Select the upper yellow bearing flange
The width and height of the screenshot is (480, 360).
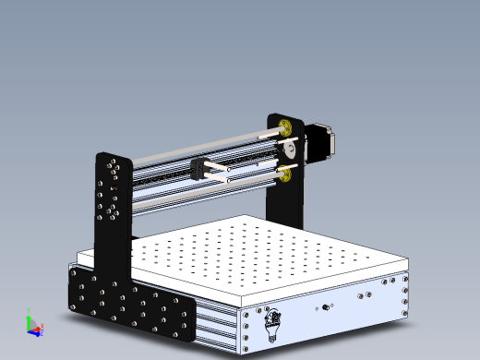[x=285, y=126]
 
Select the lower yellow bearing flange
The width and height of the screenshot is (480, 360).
[x=285, y=174]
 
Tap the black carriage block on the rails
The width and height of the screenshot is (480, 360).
[x=200, y=169]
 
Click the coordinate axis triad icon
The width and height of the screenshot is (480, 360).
[x=32, y=324]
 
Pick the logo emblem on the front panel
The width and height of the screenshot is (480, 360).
[x=273, y=322]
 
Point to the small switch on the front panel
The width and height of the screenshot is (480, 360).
[x=324, y=306]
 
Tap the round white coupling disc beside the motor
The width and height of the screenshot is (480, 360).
[x=289, y=149]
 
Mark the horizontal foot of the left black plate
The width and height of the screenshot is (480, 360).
[x=129, y=304]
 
